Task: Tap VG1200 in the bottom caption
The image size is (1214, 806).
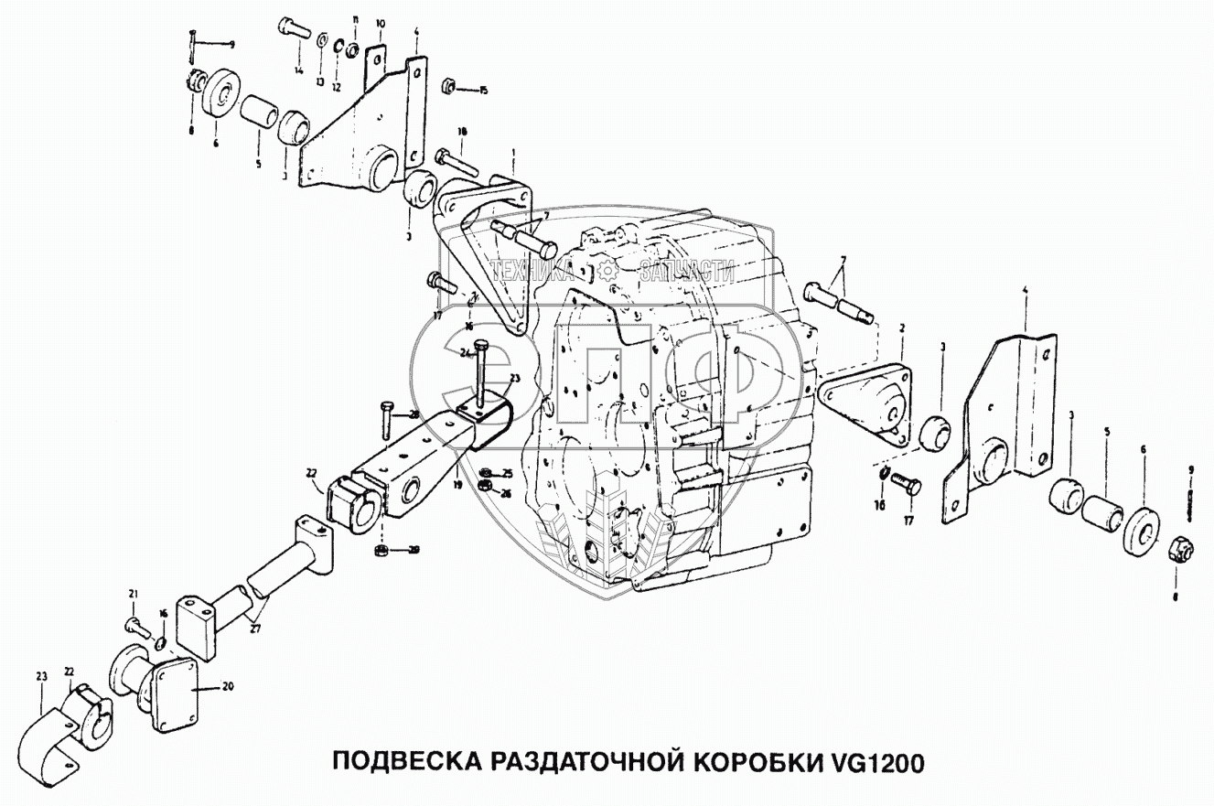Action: pos(877,762)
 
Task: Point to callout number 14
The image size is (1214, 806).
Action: pos(298,70)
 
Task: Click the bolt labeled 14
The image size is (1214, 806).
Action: pos(292,28)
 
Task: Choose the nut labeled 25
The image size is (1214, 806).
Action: pos(487,472)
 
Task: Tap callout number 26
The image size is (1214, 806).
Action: pos(506,492)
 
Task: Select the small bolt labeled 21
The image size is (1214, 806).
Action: pos(137,626)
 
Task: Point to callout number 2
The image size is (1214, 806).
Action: pos(901,327)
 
